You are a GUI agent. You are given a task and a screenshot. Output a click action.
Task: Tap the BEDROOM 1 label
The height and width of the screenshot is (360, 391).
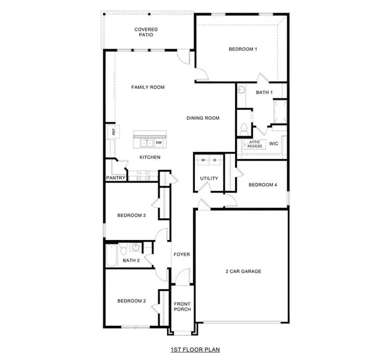(243, 49)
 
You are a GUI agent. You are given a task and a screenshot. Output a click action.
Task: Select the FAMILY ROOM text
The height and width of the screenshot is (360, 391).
(148, 88)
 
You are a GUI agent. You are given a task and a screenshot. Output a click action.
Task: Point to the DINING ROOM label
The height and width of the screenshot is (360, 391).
(202, 118)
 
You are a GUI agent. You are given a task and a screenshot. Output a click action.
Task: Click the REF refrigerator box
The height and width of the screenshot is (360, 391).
(111, 131)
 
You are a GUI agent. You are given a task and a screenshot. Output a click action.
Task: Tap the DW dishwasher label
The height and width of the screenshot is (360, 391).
(159, 143)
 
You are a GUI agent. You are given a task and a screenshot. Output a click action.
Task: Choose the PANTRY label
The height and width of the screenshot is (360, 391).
(116, 178)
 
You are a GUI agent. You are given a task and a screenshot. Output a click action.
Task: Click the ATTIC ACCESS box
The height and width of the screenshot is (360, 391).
(255, 145)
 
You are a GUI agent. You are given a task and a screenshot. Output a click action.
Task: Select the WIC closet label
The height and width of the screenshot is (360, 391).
(273, 144)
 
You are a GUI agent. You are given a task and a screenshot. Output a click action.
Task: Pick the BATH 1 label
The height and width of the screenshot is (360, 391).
(264, 92)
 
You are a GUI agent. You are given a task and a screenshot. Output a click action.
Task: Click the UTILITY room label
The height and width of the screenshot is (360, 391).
(209, 178)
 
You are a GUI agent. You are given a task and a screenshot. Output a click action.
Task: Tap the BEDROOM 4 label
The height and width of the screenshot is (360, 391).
(263, 185)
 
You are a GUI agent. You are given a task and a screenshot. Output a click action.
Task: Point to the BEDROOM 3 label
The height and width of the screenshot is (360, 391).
(131, 215)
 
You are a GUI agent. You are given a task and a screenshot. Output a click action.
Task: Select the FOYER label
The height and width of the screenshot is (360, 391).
(182, 254)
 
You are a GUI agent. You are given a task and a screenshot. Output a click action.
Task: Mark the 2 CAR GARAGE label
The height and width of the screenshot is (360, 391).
(243, 271)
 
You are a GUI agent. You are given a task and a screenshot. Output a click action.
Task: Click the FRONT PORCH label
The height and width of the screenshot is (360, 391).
(182, 307)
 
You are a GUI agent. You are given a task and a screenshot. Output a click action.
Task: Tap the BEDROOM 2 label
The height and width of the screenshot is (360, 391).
(131, 301)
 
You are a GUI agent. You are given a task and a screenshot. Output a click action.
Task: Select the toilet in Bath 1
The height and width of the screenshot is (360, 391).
(244, 128)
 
